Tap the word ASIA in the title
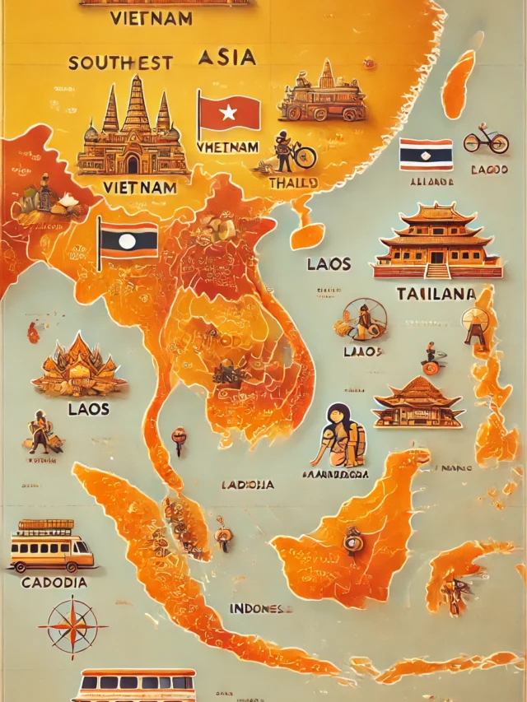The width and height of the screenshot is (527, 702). (x=227, y=57)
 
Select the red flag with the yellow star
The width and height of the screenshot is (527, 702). (x=228, y=113)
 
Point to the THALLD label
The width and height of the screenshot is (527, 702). (x=292, y=183)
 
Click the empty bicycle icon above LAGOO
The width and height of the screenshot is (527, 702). (x=485, y=140)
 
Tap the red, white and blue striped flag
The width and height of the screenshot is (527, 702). (x=426, y=154)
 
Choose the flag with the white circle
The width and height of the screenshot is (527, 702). (x=128, y=240)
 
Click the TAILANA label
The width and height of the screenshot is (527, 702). (x=436, y=294)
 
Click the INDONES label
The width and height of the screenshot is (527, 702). (x=260, y=609)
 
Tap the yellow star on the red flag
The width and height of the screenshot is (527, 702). (x=228, y=112)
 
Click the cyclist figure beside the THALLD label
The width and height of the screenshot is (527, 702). (x=292, y=151)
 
